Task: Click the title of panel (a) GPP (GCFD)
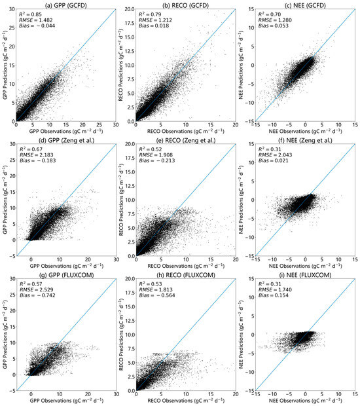click(x=68, y=6)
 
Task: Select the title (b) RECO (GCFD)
click(x=186, y=6)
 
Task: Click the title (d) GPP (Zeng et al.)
click(x=68, y=139)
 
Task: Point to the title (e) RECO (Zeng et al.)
click(x=186, y=139)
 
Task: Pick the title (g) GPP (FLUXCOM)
click(x=68, y=273)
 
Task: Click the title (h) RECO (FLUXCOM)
click(x=186, y=273)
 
